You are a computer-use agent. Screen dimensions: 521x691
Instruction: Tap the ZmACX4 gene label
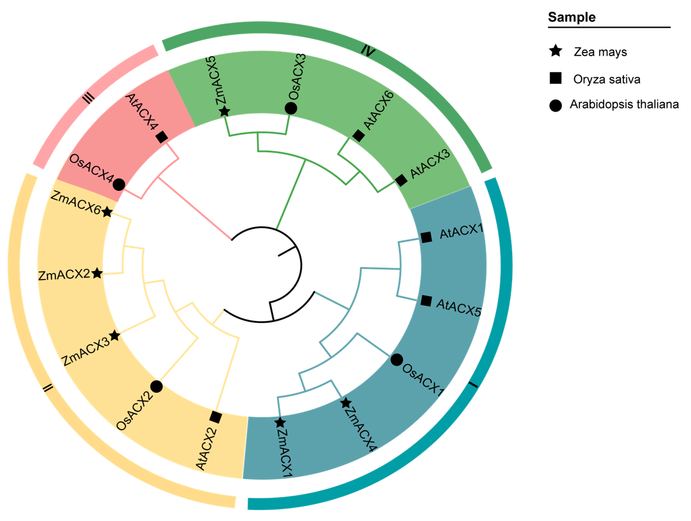click(361, 429)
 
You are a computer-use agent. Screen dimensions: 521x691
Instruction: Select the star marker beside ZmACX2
click(97, 273)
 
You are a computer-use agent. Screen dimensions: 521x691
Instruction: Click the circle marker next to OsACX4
click(119, 184)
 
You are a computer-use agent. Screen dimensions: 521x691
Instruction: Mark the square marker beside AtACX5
click(426, 301)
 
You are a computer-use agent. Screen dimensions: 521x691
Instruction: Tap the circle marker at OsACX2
click(157, 386)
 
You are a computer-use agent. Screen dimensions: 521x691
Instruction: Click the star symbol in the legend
click(555, 51)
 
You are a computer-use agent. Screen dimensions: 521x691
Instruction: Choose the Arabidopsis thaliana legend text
click(624, 104)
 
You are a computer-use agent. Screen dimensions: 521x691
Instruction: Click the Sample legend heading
click(572, 17)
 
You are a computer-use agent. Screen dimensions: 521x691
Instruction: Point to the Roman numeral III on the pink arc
click(88, 99)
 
